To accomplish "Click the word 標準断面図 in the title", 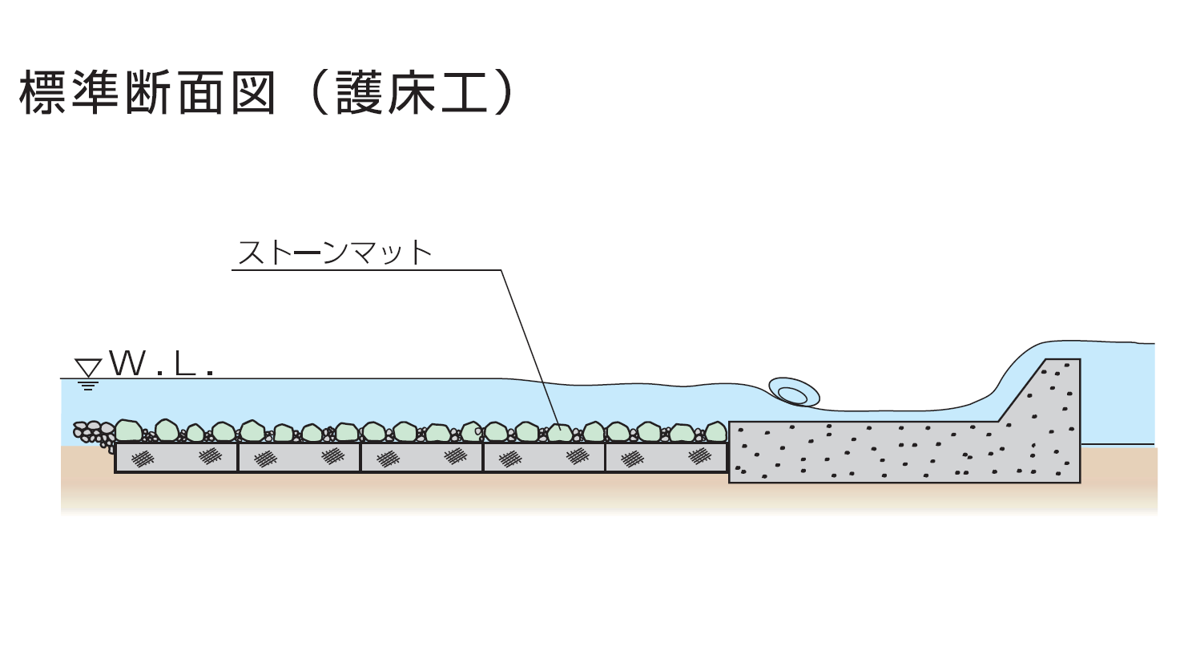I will (x=147, y=94).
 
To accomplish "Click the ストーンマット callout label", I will (x=335, y=253).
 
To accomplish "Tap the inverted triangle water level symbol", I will (x=88, y=367).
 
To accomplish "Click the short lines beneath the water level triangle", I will (x=88, y=386).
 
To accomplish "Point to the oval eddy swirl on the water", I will (x=793, y=392).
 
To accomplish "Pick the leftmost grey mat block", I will (x=177, y=457).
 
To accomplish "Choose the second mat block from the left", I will (x=299, y=457).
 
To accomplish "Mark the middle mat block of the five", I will (x=421, y=457).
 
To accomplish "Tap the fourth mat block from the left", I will (x=544, y=457).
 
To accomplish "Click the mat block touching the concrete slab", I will (x=666, y=457).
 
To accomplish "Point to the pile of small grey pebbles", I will (x=92, y=434).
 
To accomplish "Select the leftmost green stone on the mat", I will (x=128, y=431).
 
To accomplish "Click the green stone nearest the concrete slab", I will (x=715, y=433).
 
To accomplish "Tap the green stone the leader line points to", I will (x=560, y=433).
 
